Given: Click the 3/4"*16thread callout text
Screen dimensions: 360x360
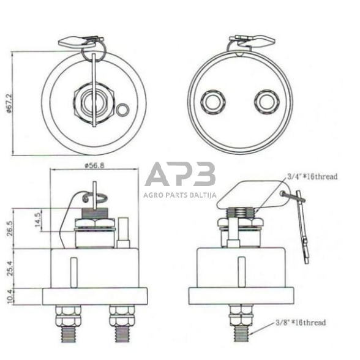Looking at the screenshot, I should click(x=312, y=176).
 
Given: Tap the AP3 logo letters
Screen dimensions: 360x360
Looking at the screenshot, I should click(x=180, y=174).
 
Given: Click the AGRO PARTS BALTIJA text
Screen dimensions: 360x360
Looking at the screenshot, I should click(x=180, y=195).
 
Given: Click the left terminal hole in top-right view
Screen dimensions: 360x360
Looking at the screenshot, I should click(x=213, y=101).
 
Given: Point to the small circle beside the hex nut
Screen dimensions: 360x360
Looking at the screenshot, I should click(x=122, y=110).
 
